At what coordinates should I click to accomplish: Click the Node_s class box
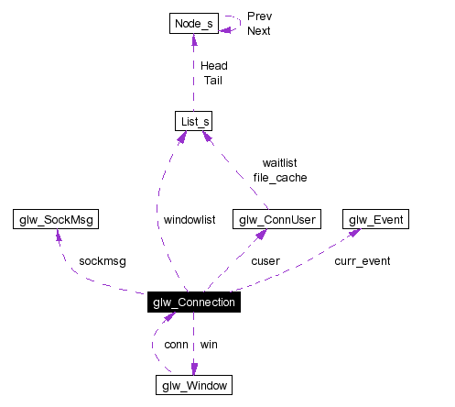[x=193, y=22]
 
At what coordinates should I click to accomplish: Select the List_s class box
[x=193, y=121]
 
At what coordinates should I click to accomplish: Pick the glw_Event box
[x=375, y=219]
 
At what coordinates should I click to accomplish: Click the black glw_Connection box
[x=193, y=302]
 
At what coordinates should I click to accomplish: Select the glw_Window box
[x=193, y=385]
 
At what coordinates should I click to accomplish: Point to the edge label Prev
[x=259, y=16]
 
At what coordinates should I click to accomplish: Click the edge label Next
[x=259, y=30]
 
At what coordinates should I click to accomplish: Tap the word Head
[x=213, y=65]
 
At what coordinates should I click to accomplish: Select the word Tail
[x=211, y=80]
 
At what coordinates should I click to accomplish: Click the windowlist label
[x=190, y=220]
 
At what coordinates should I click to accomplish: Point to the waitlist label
[x=279, y=162]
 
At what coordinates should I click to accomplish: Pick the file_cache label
[x=279, y=177]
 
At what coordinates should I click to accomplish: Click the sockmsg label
[x=103, y=260]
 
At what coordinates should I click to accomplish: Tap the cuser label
[x=265, y=260]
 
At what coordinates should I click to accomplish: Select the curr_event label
[x=362, y=260]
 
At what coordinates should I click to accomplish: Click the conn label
[x=176, y=345]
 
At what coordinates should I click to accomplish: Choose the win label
[x=210, y=345]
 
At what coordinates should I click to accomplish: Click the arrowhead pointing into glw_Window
[x=193, y=369]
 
